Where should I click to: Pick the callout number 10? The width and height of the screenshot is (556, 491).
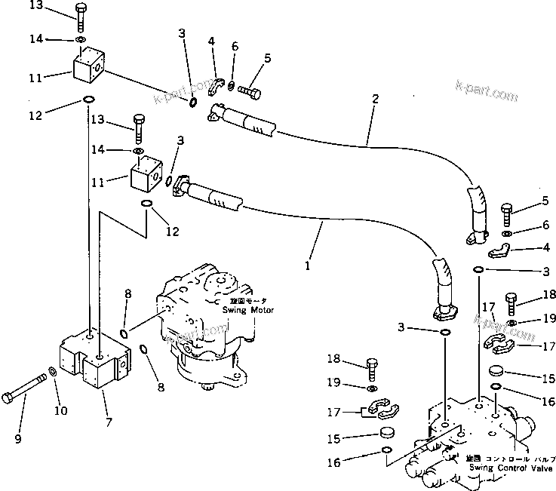[60, 410]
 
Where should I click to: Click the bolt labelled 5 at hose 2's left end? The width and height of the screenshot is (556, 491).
[249, 91]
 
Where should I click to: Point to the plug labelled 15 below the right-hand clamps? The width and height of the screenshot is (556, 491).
[496, 371]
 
